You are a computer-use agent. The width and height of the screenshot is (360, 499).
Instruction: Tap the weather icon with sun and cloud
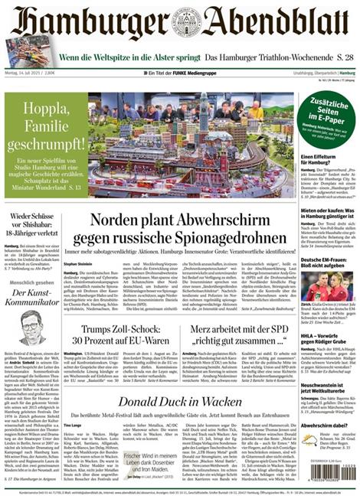click(309, 439)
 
